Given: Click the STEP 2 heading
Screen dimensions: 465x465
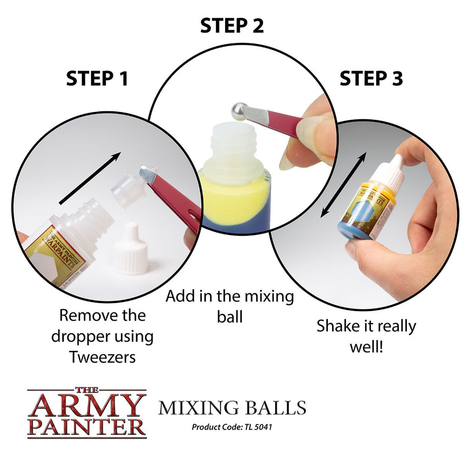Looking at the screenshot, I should tap(232, 26).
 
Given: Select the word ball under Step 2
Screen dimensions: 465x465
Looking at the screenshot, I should tap(230, 317).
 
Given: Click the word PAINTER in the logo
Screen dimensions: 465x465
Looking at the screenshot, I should tap(86, 427).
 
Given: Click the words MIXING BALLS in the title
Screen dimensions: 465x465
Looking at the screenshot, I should tap(232, 407).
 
